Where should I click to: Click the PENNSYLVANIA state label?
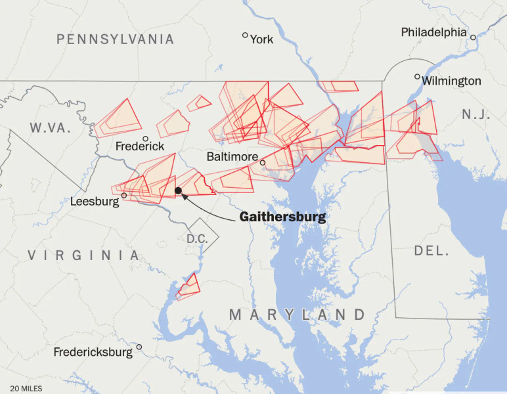point(115,39)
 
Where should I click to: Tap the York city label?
point(261,39)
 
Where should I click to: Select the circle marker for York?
point(246,35)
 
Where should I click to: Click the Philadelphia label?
point(433,32)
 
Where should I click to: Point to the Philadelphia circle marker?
point(473,37)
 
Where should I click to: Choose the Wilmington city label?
point(451,81)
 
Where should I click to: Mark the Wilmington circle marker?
point(417,77)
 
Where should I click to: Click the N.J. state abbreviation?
point(475,114)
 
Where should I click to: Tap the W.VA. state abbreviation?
point(49,128)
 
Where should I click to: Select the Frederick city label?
point(140,146)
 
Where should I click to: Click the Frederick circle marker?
point(146,139)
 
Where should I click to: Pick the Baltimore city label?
point(232,157)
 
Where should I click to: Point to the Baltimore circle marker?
point(263,162)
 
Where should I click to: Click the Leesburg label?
point(95,201)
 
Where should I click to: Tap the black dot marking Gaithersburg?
point(178,190)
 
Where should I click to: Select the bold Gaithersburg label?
point(282,217)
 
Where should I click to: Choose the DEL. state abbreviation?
point(431,251)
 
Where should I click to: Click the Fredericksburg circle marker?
point(139,347)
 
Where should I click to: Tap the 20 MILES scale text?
point(26,388)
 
